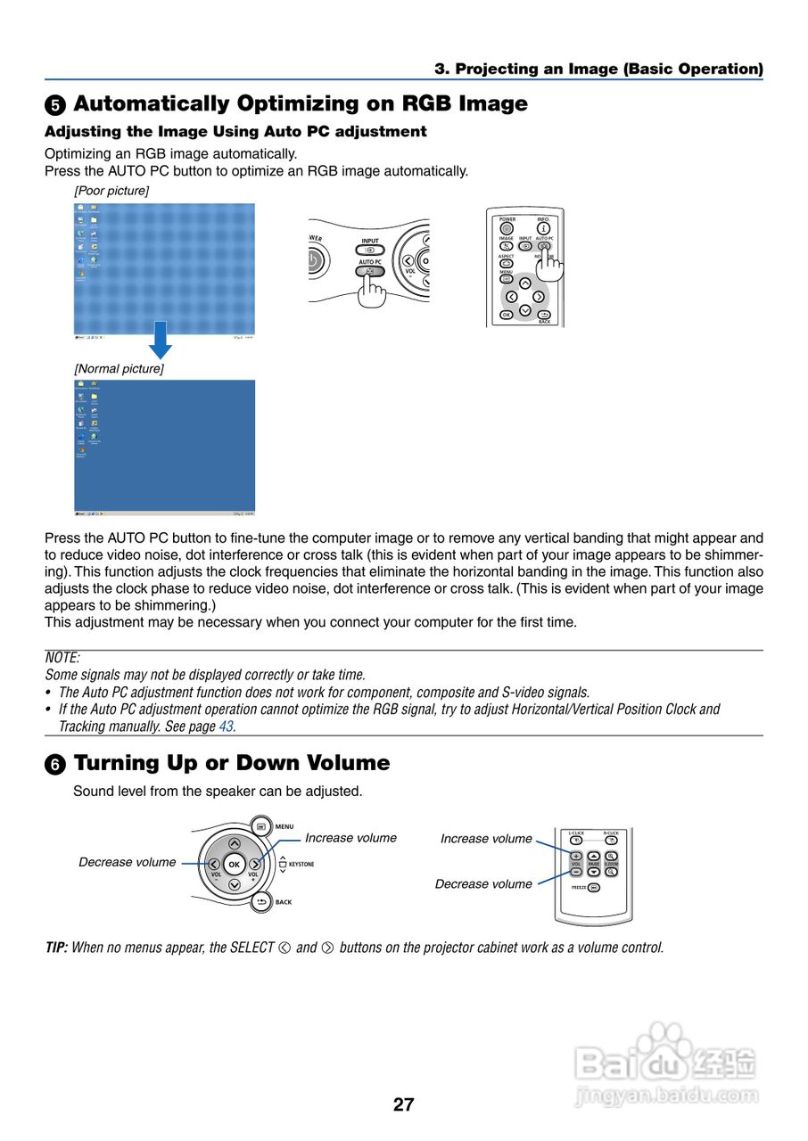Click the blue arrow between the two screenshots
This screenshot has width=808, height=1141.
click(160, 340)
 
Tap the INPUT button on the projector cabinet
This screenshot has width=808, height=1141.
click(369, 250)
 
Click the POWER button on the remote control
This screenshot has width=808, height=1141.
click(507, 228)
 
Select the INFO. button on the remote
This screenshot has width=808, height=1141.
click(543, 228)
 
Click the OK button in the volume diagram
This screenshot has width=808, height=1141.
click(234, 864)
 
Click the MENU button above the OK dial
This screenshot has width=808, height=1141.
click(261, 826)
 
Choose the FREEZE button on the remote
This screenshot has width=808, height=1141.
click(593, 887)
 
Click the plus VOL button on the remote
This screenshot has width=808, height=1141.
click(576, 857)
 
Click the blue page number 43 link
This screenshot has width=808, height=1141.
click(227, 726)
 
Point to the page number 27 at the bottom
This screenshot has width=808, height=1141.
click(403, 1104)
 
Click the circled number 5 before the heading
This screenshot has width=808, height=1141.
click(55, 105)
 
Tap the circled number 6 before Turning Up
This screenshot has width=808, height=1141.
click(55, 765)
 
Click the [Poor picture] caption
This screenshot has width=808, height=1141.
click(111, 191)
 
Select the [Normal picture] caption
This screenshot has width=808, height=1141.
click(119, 368)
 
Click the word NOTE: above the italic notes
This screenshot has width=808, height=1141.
click(62, 658)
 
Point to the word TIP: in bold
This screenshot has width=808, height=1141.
click(56, 948)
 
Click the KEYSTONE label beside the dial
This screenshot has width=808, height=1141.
click(301, 864)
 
